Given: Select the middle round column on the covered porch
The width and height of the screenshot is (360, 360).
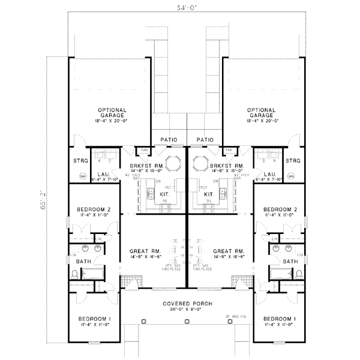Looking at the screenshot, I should [187, 321].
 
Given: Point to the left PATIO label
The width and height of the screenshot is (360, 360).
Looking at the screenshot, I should [169, 140].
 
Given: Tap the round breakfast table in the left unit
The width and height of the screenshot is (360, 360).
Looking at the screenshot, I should [172, 163].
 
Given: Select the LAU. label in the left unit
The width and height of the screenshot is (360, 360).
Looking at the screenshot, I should [102, 173].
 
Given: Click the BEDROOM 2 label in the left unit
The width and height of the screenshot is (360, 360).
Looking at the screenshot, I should [93, 209].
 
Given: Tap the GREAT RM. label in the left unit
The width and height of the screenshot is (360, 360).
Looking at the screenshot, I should [142, 251].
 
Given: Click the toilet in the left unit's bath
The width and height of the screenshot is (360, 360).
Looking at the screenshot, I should [74, 274].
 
